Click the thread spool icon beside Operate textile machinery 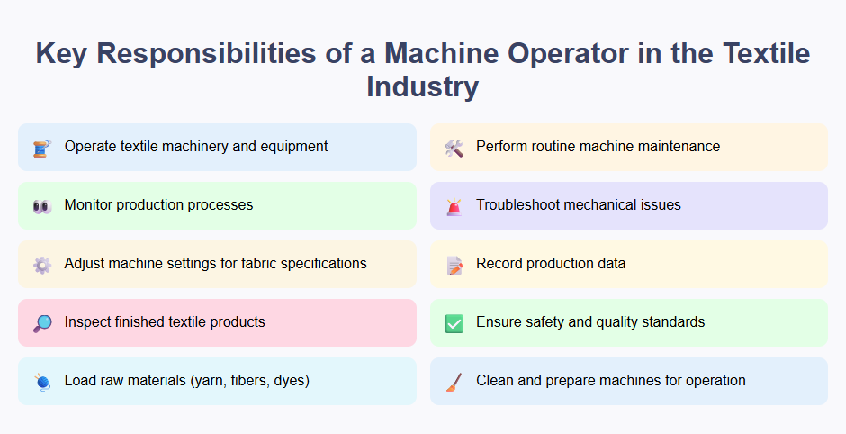pos(41,148)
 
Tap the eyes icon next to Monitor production pos(41,206)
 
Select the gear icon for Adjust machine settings pos(41,265)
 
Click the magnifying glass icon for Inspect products pos(41,323)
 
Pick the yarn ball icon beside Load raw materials pos(41,382)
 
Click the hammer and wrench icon pos(454,148)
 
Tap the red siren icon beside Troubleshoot pos(454,206)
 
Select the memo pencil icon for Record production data pos(454,265)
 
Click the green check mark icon pos(454,323)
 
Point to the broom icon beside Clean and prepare pos(454,382)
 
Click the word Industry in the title pos(422,87)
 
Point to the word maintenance pos(677,147)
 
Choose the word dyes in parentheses pos(289,381)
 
